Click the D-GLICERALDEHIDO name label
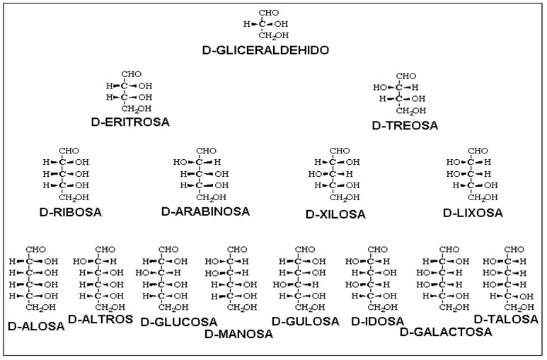265,50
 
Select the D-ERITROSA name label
130,122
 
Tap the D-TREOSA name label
405,126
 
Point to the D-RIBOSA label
71,212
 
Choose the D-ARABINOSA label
205,211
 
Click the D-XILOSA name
335,214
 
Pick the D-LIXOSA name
473,213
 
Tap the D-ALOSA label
36,327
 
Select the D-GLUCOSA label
178,322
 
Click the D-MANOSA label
238,335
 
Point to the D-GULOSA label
305,321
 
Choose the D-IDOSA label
377,321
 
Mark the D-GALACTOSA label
446,332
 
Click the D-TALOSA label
506,319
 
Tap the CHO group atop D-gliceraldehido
269,13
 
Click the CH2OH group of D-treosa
411,111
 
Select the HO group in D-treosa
380,87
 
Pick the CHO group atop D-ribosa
69,151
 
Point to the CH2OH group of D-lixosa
483,197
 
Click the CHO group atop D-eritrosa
131,74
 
